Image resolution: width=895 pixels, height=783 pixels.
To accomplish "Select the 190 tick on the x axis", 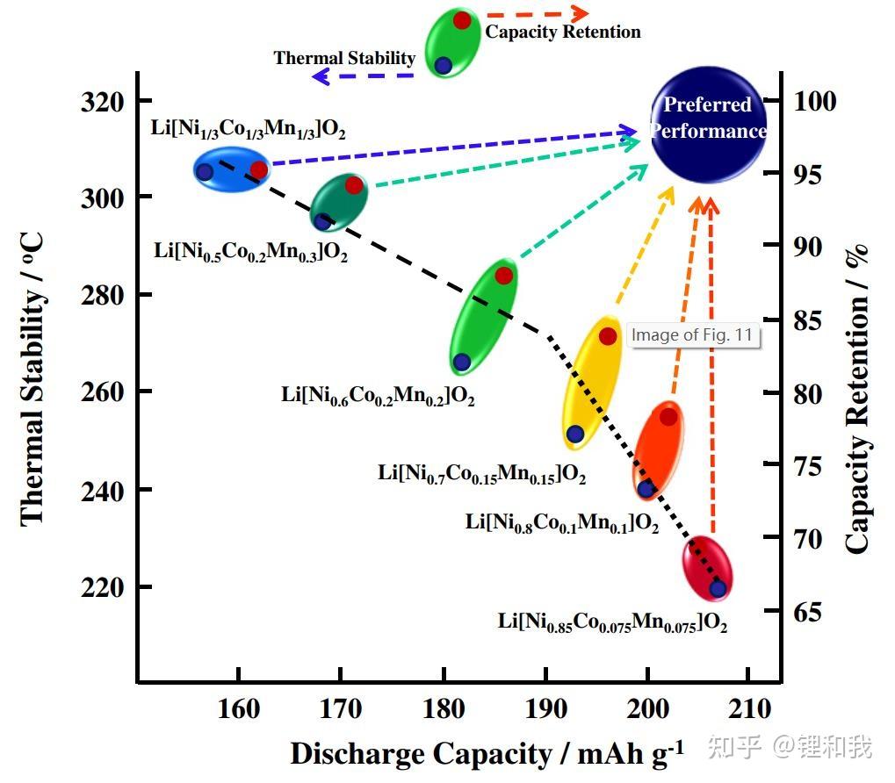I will (x=545, y=708).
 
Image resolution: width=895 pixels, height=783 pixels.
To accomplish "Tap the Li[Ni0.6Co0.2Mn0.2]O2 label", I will (x=378, y=395).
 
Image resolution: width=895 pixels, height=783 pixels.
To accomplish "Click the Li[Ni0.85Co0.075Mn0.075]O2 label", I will (x=612, y=623).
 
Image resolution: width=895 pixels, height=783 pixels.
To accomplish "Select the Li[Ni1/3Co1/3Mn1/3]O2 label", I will (x=249, y=130).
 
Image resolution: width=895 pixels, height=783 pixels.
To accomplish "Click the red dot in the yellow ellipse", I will (x=608, y=336).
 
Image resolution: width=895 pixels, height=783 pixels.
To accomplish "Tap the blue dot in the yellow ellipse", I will (x=575, y=434).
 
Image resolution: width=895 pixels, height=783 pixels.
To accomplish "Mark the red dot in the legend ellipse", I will (x=462, y=20).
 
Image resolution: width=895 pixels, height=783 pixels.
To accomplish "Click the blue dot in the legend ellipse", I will (x=443, y=65).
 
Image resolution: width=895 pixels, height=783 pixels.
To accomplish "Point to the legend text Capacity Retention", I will (x=563, y=32).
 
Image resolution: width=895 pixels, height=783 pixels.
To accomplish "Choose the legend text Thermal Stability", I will (x=344, y=58).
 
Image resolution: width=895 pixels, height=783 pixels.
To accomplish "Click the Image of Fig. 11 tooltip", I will (x=693, y=334).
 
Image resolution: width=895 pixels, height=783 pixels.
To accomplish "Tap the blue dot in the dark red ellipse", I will (x=718, y=588).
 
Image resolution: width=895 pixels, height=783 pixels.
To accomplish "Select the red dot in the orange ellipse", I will (x=668, y=417).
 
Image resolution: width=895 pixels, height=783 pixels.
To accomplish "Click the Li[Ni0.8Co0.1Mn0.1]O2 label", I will (x=562, y=523).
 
